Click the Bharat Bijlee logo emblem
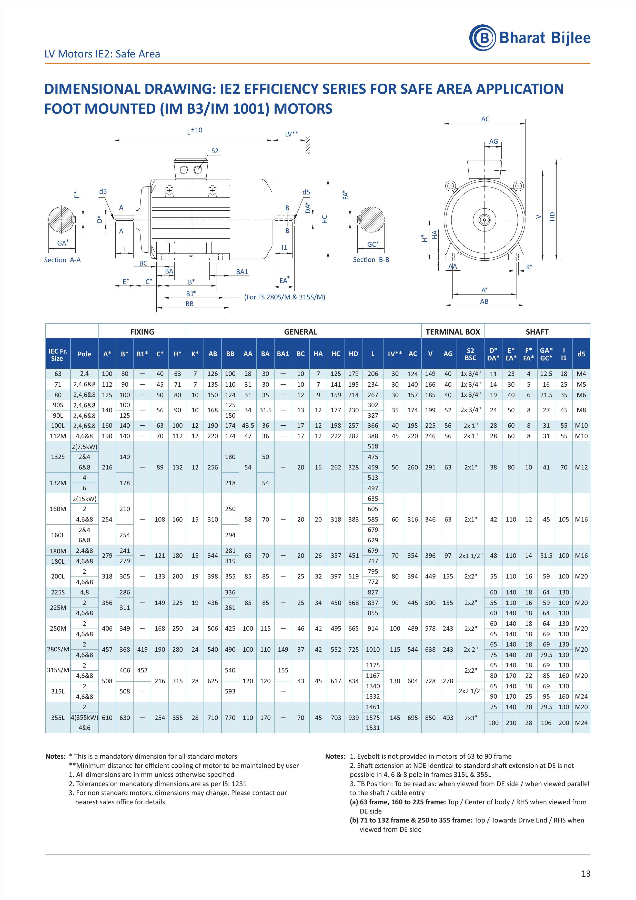point(482,38)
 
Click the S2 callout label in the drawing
point(215,151)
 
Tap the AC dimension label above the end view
point(485,119)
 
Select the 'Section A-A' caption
point(62,260)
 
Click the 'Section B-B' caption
point(371,259)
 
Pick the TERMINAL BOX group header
point(453,332)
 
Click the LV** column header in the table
point(395,354)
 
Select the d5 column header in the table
point(581,354)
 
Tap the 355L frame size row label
point(58,717)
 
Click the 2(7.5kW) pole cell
point(84,446)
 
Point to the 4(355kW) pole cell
point(84,717)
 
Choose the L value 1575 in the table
point(373,717)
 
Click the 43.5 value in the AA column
point(248,425)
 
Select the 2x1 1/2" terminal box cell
point(470,555)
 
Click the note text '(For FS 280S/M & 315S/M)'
point(285,297)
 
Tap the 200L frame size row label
point(58,576)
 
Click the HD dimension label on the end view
point(552,216)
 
